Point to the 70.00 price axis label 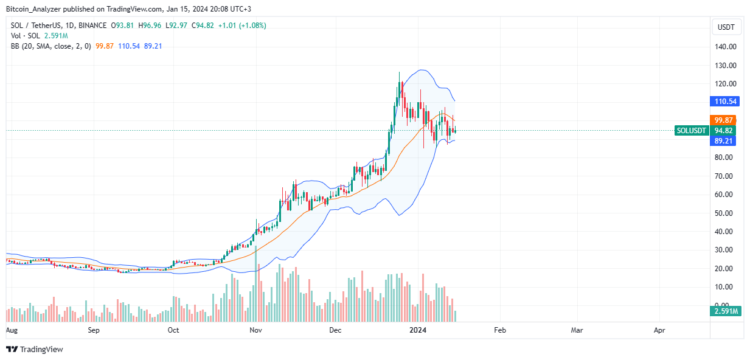(x=726, y=176)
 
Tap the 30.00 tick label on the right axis (x=726, y=250)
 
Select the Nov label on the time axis (x=255, y=330)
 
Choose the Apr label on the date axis (x=659, y=330)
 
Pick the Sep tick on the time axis (x=93, y=330)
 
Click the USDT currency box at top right (x=727, y=27)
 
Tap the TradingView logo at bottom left (x=35, y=349)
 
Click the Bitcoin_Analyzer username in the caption (x=33, y=9)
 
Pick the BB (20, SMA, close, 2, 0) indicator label (x=50, y=46)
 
